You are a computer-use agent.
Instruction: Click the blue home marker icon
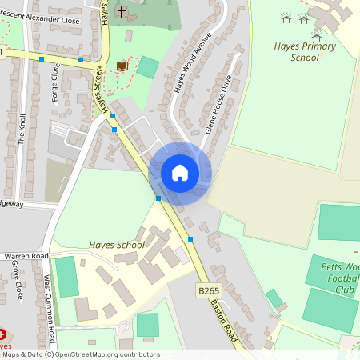[x=180, y=172]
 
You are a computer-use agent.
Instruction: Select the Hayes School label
[x=117, y=244]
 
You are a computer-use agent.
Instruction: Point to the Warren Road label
[x=27, y=256]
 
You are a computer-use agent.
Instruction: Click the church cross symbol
[x=122, y=12]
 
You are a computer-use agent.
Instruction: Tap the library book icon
[x=122, y=66]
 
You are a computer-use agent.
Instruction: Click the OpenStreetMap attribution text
[x=80, y=354]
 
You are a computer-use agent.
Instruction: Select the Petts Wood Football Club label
[x=342, y=278]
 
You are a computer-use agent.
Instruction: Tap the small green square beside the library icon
[x=147, y=67]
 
